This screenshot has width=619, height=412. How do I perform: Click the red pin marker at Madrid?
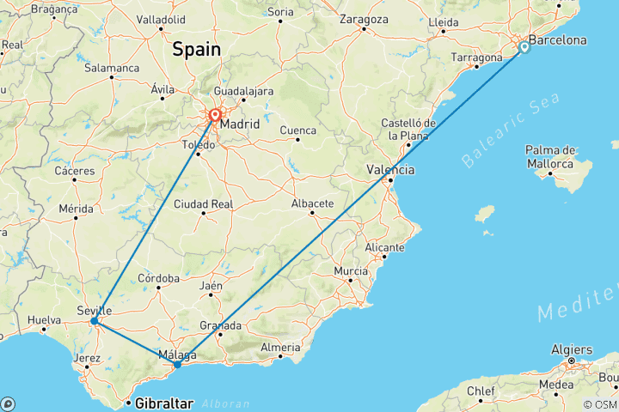tap(214, 114)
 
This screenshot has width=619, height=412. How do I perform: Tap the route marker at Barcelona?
tap(524, 48)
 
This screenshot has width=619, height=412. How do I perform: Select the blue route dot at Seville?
tap(94, 321)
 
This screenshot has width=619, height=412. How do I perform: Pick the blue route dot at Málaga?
tap(177, 365)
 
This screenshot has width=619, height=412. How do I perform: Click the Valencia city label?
tap(390, 170)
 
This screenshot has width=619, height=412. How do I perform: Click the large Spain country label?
tap(196, 50)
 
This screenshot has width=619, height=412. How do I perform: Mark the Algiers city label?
tap(570, 350)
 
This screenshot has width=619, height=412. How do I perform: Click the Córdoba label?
tap(158, 278)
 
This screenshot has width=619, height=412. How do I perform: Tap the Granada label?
tap(220, 325)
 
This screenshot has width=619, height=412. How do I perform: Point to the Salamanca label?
tap(113, 68)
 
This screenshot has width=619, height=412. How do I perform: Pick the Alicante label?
tap(383, 246)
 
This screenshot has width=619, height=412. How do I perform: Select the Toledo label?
tap(198, 146)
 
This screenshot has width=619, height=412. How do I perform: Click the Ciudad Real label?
tap(204, 203)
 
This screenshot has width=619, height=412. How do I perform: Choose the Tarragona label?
tap(476, 58)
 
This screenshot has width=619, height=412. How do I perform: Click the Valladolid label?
tap(162, 18)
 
